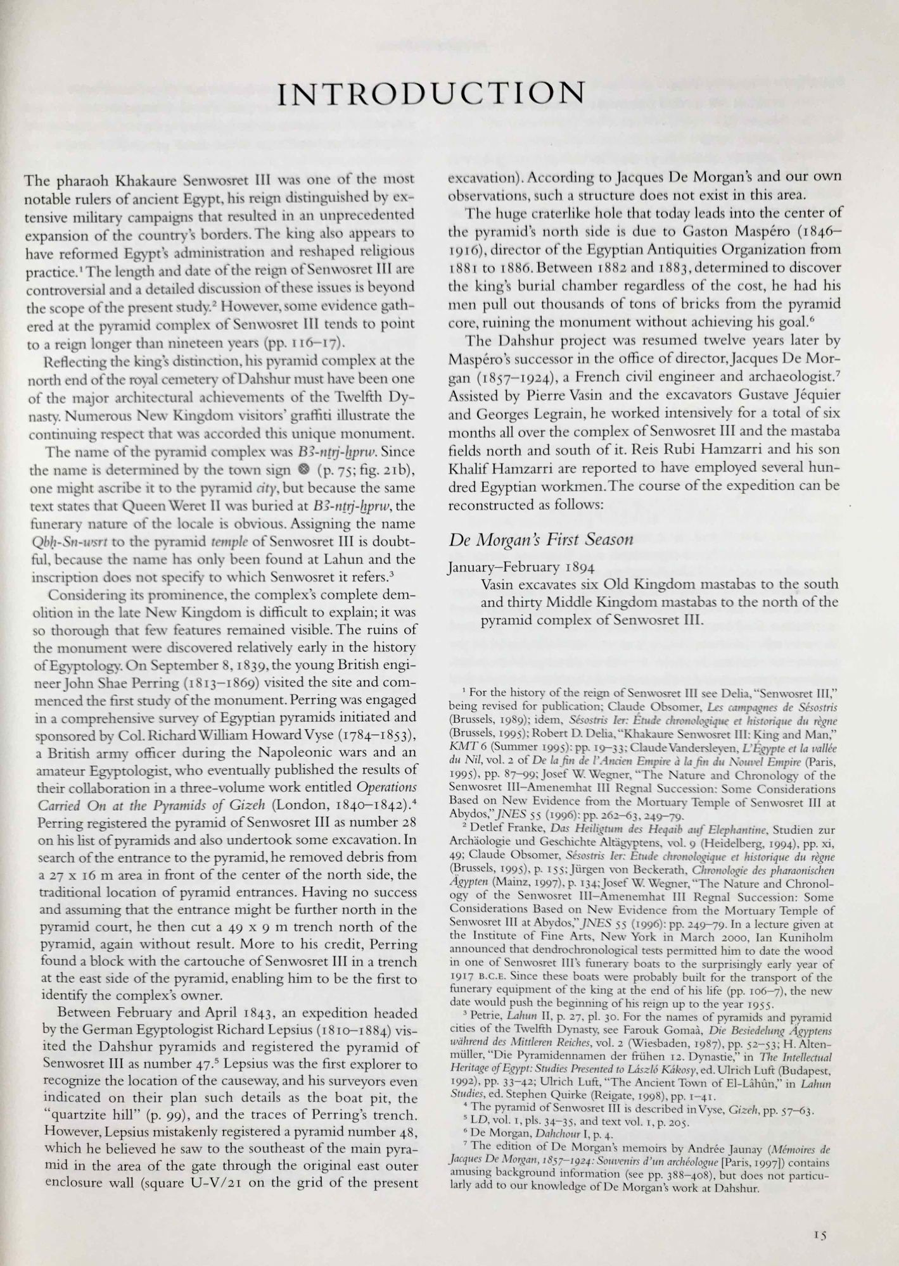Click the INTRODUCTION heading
[431, 93]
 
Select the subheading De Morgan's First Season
[541, 540]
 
